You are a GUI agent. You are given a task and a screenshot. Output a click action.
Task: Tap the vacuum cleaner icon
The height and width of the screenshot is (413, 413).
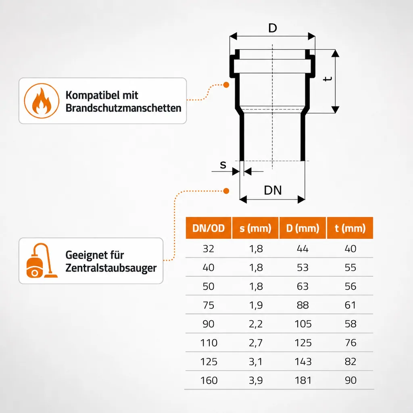(x=42, y=261)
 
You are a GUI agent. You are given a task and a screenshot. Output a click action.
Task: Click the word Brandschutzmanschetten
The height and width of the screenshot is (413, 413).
(x=123, y=108)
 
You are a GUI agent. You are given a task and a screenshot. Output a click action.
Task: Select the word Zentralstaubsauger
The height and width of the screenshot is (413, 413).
(x=111, y=268)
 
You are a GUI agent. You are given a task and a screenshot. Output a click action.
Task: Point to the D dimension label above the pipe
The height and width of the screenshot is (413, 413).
(x=273, y=28)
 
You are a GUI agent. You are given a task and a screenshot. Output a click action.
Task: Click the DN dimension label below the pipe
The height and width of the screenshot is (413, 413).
(x=273, y=190)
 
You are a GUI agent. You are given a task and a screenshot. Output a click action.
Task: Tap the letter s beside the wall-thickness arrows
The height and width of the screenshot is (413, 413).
(x=223, y=165)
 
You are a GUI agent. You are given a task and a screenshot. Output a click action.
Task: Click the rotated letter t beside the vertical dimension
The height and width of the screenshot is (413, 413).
(x=327, y=79)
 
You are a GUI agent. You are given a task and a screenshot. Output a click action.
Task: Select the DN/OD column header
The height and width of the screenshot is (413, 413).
(x=209, y=228)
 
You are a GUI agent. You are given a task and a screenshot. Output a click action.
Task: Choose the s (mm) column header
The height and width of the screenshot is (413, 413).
(x=255, y=228)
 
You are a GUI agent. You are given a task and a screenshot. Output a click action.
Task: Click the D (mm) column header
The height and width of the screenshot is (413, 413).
(x=302, y=228)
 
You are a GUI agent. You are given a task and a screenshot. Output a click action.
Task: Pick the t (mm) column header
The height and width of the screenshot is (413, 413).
(x=350, y=228)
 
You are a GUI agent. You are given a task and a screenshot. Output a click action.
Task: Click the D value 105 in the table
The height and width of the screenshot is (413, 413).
(x=303, y=324)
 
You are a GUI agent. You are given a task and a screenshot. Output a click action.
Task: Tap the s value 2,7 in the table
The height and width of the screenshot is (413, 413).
(x=255, y=343)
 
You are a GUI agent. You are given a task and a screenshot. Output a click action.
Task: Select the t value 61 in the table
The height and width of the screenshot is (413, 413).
(x=350, y=305)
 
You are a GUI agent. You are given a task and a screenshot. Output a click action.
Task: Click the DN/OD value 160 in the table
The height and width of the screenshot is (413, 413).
(x=209, y=380)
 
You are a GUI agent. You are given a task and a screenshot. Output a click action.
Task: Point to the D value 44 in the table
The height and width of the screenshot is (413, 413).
(x=302, y=248)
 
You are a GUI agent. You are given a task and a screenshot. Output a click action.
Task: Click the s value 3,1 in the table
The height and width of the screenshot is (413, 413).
(x=255, y=362)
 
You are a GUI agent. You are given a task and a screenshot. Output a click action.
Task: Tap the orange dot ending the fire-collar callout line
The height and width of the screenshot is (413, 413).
(x=226, y=85)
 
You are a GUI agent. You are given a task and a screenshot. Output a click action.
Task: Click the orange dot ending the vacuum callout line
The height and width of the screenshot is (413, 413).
(x=226, y=191)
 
